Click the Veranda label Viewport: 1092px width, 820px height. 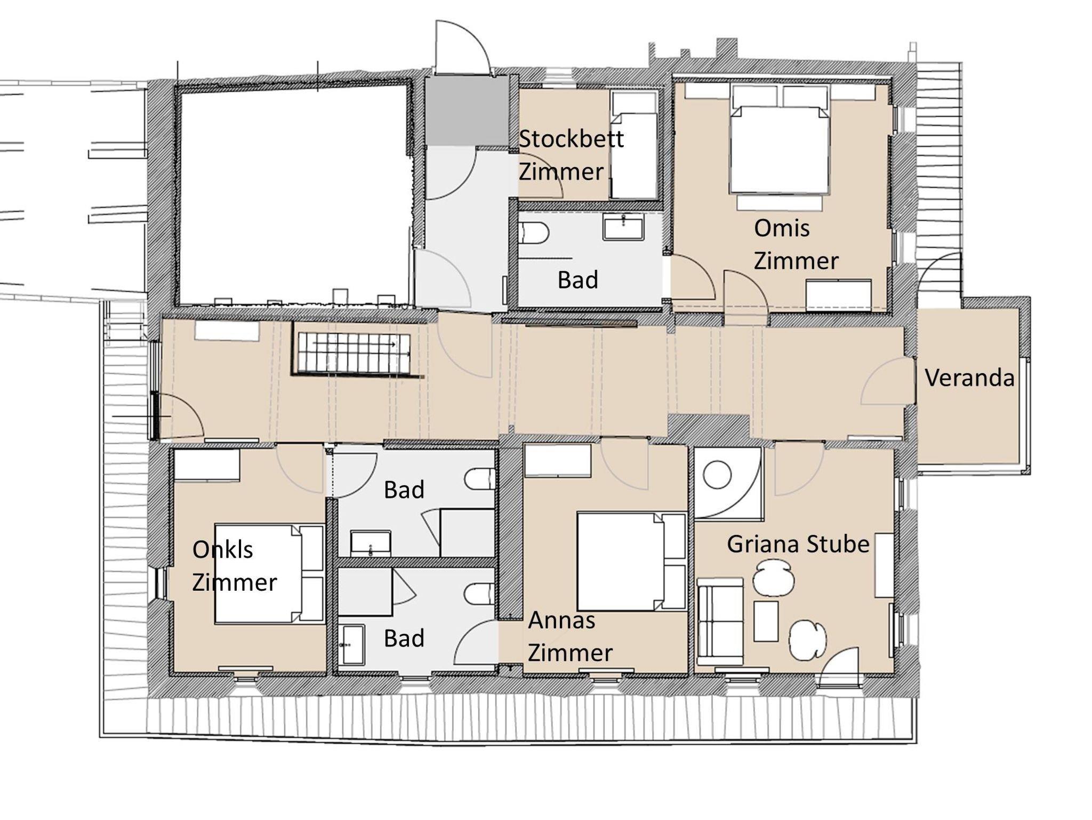click(x=969, y=378)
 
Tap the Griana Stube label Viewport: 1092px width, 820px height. click(x=798, y=544)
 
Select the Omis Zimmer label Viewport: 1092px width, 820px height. click(x=796, y=245)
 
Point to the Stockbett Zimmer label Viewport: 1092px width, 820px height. click(x=571, y=155)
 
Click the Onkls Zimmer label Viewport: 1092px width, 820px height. click(x=235, y=566)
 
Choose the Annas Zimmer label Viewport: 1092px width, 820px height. click(x=570, y=637)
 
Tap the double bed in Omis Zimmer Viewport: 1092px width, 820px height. click(x=780, y=149)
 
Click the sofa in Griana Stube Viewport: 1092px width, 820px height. click(x=720, y=621)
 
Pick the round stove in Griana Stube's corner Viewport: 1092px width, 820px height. click(x=717, y=476)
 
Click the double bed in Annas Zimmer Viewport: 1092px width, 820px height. click(x=631, y=561)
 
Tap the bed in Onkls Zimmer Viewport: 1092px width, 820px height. click(x=270, y=574)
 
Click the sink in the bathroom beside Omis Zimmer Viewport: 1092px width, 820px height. click(x=623, y=227)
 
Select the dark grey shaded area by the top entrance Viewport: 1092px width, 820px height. click(x=467, y=110)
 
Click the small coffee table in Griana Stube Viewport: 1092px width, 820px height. click(x=766, y=621)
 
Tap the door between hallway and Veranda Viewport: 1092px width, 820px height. click(x=887, y=381)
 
